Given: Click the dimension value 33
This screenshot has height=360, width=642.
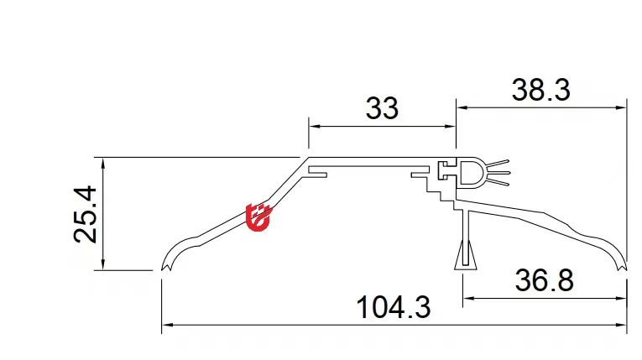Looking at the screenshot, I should coord(382,108).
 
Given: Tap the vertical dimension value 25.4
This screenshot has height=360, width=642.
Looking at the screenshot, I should coord(86,214).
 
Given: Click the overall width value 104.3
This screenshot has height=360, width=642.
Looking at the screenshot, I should coord(394,308).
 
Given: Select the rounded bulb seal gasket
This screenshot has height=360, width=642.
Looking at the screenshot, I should coord(472,173).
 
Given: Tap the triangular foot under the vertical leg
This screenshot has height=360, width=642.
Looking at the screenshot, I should coord(463,255).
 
